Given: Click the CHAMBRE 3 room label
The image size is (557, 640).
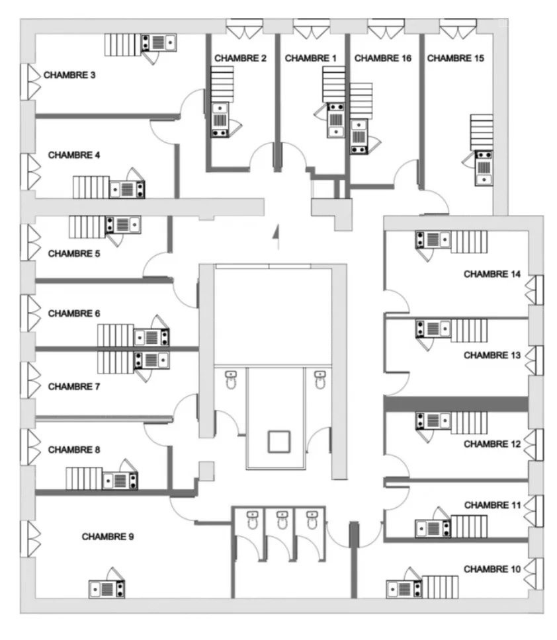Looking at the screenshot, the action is (69, 75).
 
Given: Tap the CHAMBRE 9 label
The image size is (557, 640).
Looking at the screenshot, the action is (108, 536).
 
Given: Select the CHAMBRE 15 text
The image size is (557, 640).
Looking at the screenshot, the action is (455, 58).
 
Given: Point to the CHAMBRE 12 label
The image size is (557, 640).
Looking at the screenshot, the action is (492, 444).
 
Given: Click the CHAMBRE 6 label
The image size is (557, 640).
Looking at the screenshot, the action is (74, 313).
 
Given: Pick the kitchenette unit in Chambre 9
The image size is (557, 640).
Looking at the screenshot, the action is (107, 589).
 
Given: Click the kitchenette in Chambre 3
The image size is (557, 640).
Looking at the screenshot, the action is (159, 42).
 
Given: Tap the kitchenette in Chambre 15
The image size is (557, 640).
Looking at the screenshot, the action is (484, 168).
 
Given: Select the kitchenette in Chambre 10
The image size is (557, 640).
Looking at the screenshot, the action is (404, 589).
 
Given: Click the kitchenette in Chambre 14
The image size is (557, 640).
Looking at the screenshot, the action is (433, 240).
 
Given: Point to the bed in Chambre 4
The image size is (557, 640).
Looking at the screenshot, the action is (91, 187).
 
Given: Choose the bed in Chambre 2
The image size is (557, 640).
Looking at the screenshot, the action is (222, 85).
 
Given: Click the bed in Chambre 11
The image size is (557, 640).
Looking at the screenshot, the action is (469, 526).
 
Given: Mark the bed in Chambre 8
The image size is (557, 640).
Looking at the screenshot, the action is (84, 479).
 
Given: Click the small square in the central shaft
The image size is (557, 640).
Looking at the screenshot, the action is (279, 442).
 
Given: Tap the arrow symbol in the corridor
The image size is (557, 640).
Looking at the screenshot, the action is (277, 237).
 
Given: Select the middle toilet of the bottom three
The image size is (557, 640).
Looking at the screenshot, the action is (282, 520).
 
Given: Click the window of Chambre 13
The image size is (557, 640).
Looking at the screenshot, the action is (534, 360).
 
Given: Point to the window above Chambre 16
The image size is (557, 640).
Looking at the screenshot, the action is (386, 28).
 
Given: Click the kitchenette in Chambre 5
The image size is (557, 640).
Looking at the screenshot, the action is (123, 225).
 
